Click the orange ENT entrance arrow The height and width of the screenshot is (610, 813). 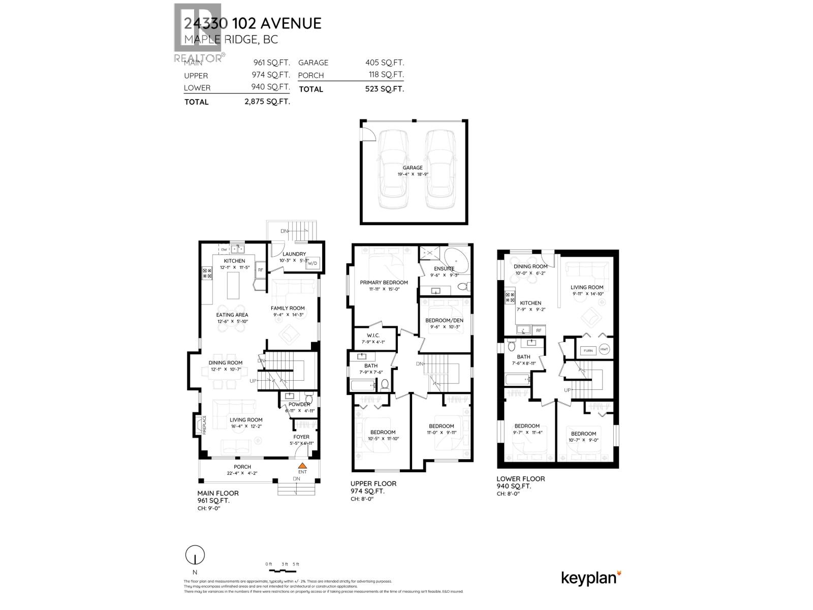click(302, 465)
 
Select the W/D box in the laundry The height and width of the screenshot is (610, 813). click(311, 263)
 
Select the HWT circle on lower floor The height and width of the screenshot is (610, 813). click(604, 350)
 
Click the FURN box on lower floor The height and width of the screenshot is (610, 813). click(588, 351)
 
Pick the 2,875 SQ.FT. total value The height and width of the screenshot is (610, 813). click(267, 102)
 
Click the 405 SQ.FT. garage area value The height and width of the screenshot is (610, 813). click(385, 63)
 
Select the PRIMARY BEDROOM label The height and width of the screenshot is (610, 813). click(384, 283)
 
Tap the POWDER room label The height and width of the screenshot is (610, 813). click(300, 404)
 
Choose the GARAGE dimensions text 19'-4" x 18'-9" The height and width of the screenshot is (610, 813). click(413, 174)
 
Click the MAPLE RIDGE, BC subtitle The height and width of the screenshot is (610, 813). click(231, 39)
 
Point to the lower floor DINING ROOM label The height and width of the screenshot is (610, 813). click(530, 266)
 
